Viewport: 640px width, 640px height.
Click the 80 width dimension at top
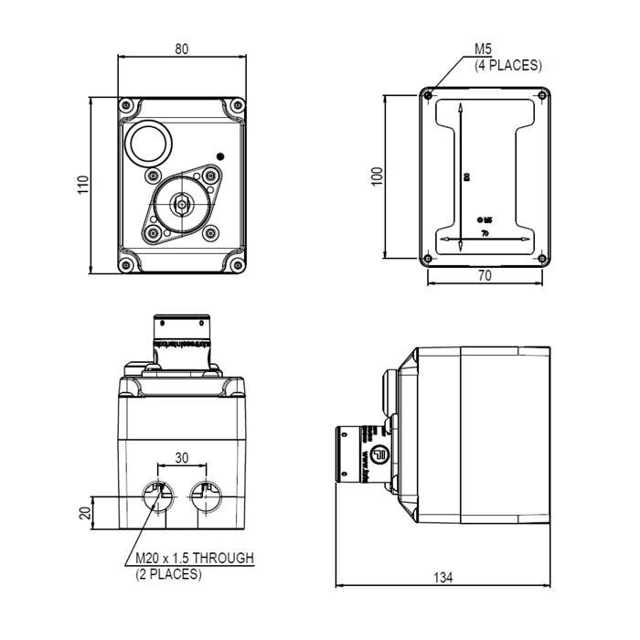click(182, 49)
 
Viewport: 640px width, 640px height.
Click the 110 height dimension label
click(82, 185)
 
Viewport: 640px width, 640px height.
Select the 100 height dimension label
click(376, 176)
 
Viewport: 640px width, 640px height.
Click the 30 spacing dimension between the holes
click(181, 458)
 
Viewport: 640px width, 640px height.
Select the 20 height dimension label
click(85, 513)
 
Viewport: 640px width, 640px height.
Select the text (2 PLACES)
click(168, 574)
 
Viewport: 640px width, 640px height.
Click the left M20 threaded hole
click(158, 497)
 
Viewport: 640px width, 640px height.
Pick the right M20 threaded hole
click(205, 497)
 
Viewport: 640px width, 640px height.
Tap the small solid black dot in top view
click(219, 155)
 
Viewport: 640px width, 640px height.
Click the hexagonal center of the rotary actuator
click(181, 204)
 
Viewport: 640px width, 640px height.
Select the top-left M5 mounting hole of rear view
click(428, 94)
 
